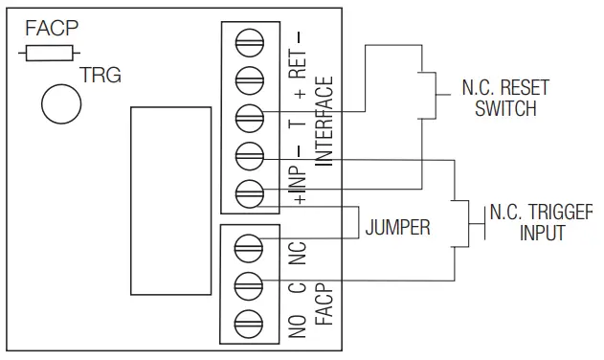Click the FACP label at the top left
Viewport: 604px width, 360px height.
tap(50, 28)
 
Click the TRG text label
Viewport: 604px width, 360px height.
tap(101, 75)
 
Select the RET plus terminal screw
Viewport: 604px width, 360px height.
tap(249, 78)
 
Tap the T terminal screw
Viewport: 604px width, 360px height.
tap(249, 116)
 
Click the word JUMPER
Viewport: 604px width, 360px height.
tap(397, 228)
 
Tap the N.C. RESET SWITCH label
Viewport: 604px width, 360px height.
tap(505, 98)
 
